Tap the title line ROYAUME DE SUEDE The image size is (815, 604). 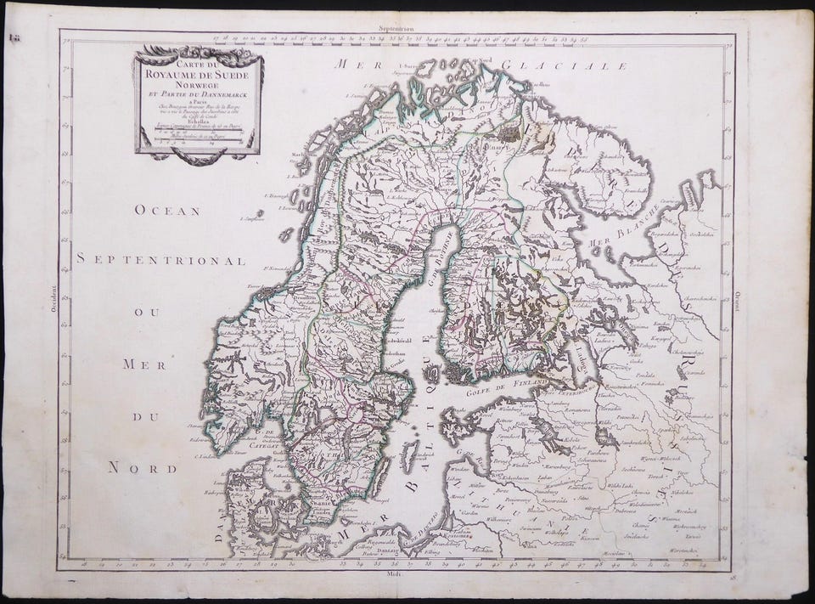(x=198, y=73)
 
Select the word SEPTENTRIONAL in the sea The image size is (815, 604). (x=160, y=259)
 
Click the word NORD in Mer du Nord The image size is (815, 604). (x=143, y=467)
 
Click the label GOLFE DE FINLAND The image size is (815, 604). (x=503, y=390)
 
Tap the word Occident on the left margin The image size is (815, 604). (x=53, y=302)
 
